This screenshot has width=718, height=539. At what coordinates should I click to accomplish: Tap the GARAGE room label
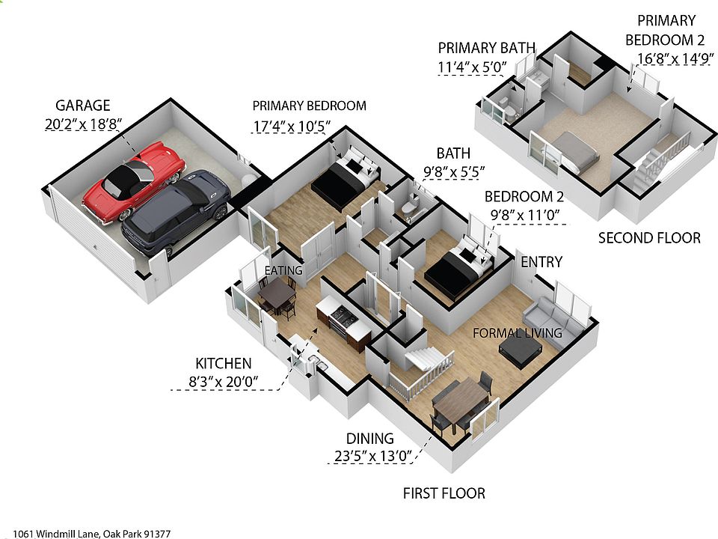coord(82,106)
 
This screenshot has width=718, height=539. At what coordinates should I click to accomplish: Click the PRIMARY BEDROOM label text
coord(309,106)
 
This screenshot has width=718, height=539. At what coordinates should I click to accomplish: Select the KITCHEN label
coord(223,364)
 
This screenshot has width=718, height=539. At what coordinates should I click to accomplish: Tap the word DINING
coord(369,439)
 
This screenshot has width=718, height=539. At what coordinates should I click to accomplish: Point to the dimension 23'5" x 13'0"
coord(372,457)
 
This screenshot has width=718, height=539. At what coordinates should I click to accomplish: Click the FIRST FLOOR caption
coord(444,493)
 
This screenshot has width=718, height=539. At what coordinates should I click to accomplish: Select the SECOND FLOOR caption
coord(649,238)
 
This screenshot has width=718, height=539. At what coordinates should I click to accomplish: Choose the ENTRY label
coord(541,261)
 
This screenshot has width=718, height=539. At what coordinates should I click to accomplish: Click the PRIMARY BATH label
coord(486,48)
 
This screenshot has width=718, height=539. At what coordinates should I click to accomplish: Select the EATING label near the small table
coord(283,270)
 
